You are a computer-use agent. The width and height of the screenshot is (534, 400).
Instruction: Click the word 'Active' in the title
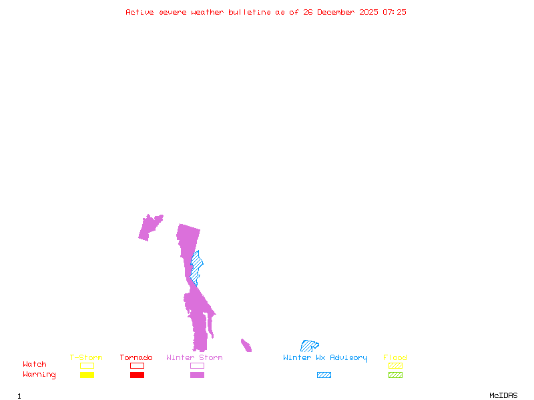coord(140,12)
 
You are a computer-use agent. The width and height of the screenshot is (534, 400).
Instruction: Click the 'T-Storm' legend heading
coord(86,358)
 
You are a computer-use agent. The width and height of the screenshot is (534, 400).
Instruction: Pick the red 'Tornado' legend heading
coord(136,358)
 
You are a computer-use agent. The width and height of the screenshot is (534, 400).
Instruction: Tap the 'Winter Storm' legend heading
coord(194,358)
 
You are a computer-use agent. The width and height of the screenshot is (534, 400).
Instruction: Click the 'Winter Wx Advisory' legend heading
coord(325,358)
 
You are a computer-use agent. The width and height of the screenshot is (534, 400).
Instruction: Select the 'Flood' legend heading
coord(395,358)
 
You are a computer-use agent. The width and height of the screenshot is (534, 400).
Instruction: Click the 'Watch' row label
coord(35,365)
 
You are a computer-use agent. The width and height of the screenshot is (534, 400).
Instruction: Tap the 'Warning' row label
coord(39,375)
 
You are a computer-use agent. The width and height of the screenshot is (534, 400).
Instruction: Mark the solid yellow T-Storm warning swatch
coord(87,375)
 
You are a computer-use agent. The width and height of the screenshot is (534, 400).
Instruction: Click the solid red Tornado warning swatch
coord(137,375)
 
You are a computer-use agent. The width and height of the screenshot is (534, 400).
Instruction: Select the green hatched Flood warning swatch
coord(395,375)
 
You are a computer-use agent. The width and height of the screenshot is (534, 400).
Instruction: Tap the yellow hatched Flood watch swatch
coord(395,365)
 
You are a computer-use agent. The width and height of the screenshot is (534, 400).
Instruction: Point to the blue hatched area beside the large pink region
coord(196,265)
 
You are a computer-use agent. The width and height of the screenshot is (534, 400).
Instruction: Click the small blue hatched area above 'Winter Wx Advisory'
coord(308,345)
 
